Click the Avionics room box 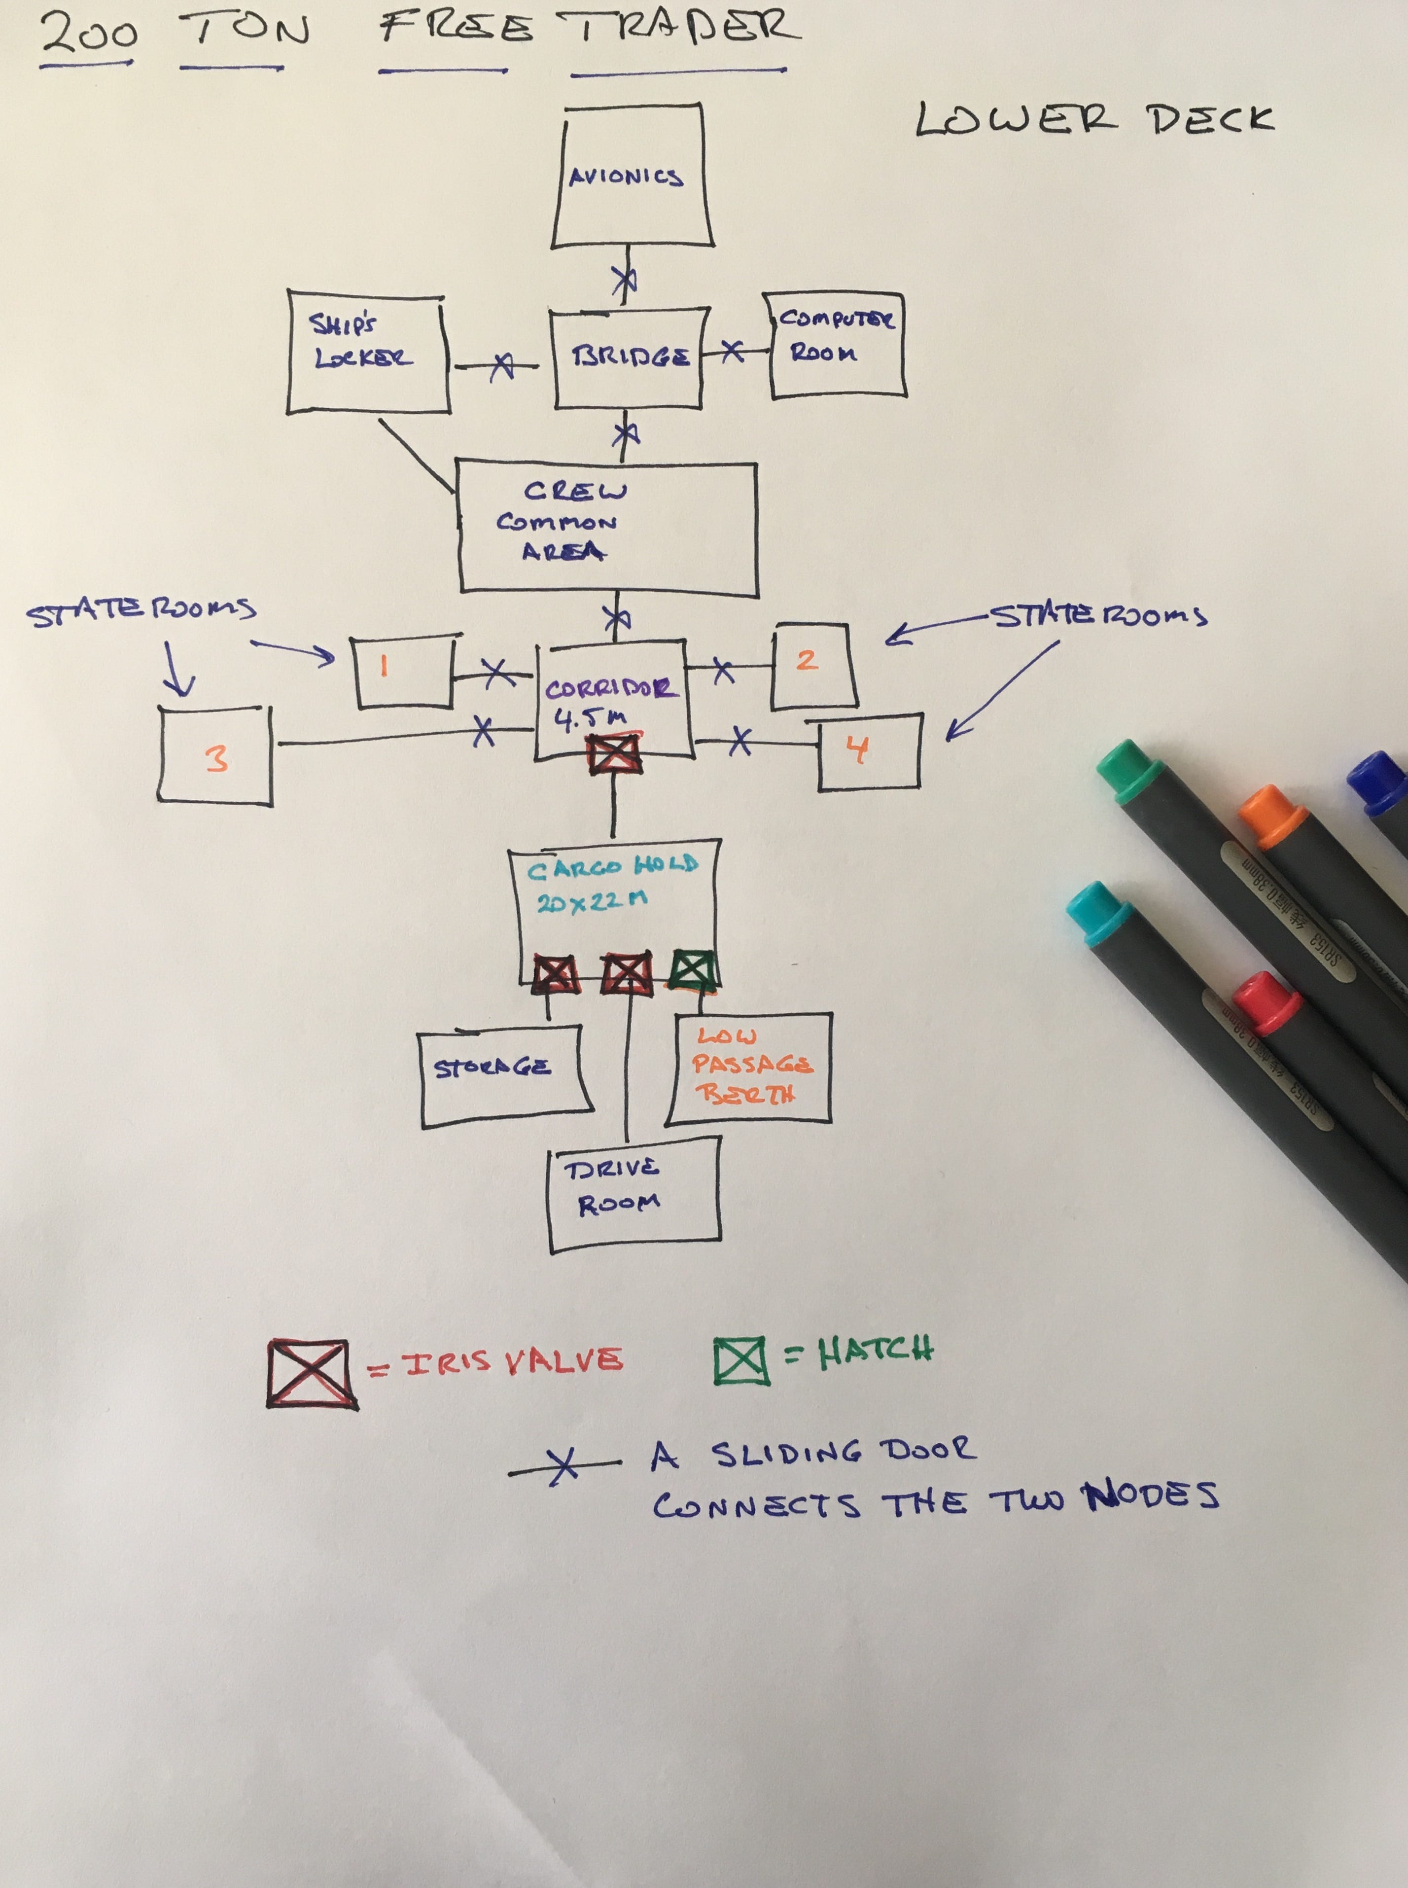point(631,177)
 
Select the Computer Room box point(835,345)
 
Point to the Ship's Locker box point(366,354)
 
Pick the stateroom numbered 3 point(215,756)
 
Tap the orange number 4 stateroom point(868,752)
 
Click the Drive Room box point(634,1193)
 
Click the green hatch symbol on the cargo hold point(692,971)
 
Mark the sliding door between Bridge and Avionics point(625,279)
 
